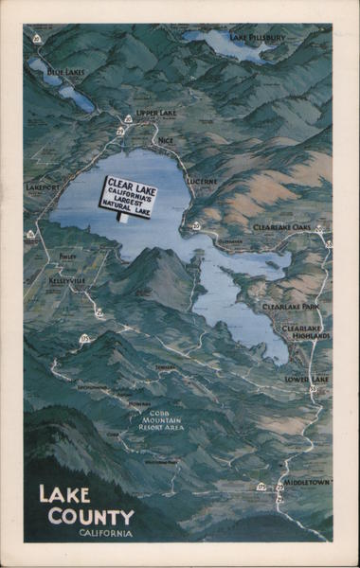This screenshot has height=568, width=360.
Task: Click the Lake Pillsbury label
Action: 258,38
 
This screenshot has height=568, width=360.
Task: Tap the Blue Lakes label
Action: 65,73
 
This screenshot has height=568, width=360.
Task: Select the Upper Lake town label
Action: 156,114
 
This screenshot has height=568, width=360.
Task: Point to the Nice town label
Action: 166,140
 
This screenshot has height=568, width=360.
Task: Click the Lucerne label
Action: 202,181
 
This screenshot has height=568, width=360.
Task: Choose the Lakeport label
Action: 43,187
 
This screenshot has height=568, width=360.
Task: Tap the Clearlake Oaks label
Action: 282,227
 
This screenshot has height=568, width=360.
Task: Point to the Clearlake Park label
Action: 290,308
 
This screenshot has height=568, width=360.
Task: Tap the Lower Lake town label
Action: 306,379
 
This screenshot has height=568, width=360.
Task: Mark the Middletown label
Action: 308,482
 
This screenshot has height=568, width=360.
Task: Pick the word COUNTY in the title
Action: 92,517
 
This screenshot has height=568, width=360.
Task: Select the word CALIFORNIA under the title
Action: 105,534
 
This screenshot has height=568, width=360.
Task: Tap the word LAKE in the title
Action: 65,495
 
